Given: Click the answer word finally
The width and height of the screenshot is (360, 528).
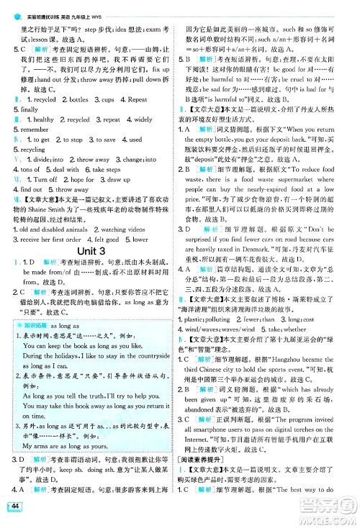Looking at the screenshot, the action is pos(24,109).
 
